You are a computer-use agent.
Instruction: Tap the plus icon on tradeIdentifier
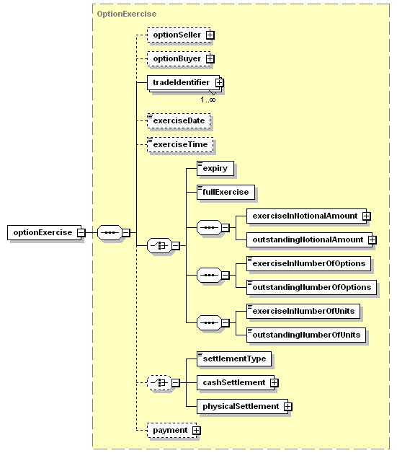coord(219,83)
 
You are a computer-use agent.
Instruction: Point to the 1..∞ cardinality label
coord(208,100)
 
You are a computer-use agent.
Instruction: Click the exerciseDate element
coord(179,120)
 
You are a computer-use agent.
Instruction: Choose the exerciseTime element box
coord(180,145)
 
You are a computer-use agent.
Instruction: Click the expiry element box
coord(215,168)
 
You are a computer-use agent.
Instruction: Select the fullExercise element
coord(226,192)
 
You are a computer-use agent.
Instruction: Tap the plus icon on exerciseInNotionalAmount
coord(367,216)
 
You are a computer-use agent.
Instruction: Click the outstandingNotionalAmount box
coord(310,239)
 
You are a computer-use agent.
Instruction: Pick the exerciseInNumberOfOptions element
coord(308,263)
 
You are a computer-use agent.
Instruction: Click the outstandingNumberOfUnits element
coord(306,335)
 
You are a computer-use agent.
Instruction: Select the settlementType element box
coord(234,359)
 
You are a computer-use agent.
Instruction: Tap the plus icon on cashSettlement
coord(274,383)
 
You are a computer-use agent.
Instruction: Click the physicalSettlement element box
coord(243,407)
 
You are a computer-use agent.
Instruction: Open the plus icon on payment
coord(196,431)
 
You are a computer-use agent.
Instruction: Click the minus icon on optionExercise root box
coord(81,232)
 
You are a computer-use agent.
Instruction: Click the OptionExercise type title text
coord(127,14)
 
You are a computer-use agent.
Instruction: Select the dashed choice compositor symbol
coord(159,383)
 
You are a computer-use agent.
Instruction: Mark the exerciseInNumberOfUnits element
coord(303,311)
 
